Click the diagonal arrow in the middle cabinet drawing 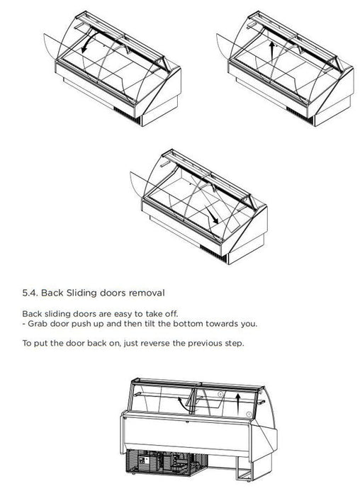click(x=212, y=215)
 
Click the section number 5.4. click(x=30, y=293)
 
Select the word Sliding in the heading click(x=81, y=293)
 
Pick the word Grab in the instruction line click(x=38, y=324)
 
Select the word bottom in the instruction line click(x=188, y=324)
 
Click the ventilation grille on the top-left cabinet click(x=127, y=115)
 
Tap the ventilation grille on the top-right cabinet click(x=299, y=115)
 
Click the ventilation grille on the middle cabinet click(x=213, y=252)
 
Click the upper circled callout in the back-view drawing click(x=220, y=394)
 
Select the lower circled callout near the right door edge click(x=249, y=414)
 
